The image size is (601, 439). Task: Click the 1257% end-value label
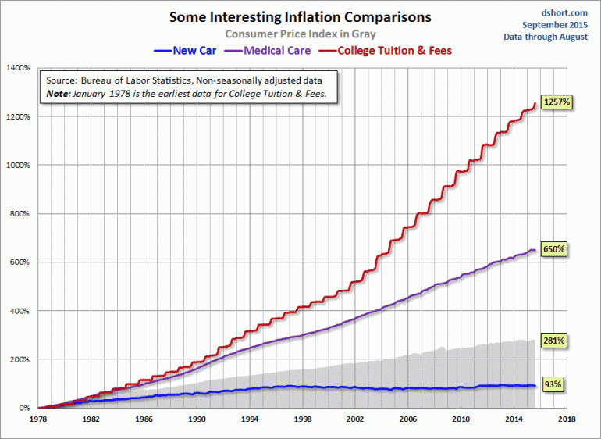coord(558,102)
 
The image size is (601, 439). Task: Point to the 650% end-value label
coord(553,248)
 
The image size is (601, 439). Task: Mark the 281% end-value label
coord(553,341)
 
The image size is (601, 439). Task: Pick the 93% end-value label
coord(551,384)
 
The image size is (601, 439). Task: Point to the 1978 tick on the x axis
coord(37,419)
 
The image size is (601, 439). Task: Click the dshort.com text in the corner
coord(564,12)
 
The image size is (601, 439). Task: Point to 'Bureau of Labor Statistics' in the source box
coord(140,80)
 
